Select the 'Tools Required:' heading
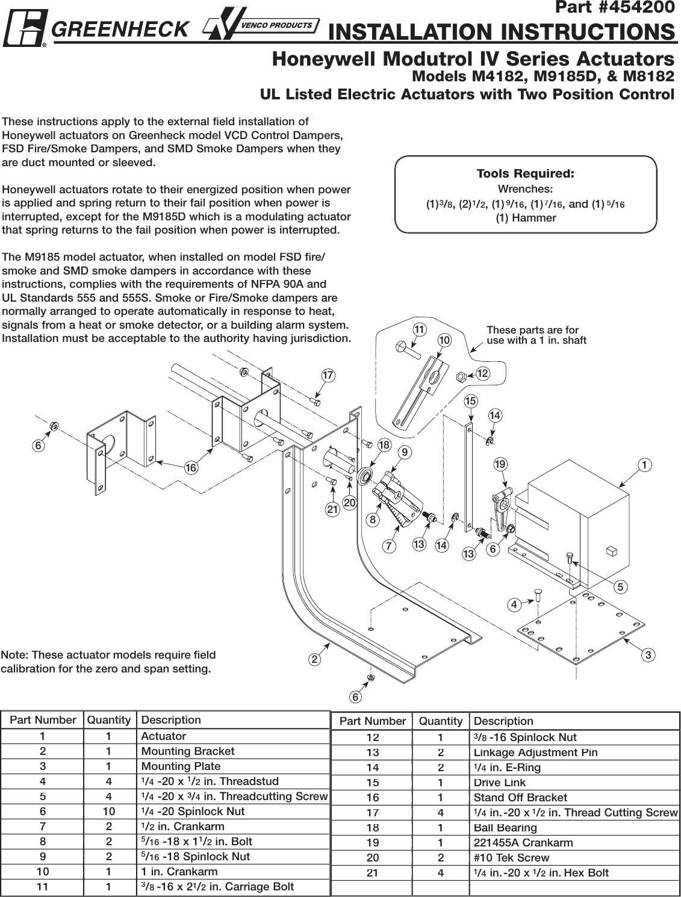pyautogui.click(x=525, y=174)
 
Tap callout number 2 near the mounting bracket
pyautogui.click(x=314, y=659)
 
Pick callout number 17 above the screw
pyautogui.click(x=328, y=376)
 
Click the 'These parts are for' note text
pyautogui.click(x=532, y=330)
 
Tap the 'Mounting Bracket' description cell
pyautogui.click(x=188, y=751)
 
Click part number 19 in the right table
pyautogui.click(x=373, y=843)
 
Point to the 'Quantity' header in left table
pyautogui.click(x=108, y=720)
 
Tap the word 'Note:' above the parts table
pyautogui.click(x=14, y=655)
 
